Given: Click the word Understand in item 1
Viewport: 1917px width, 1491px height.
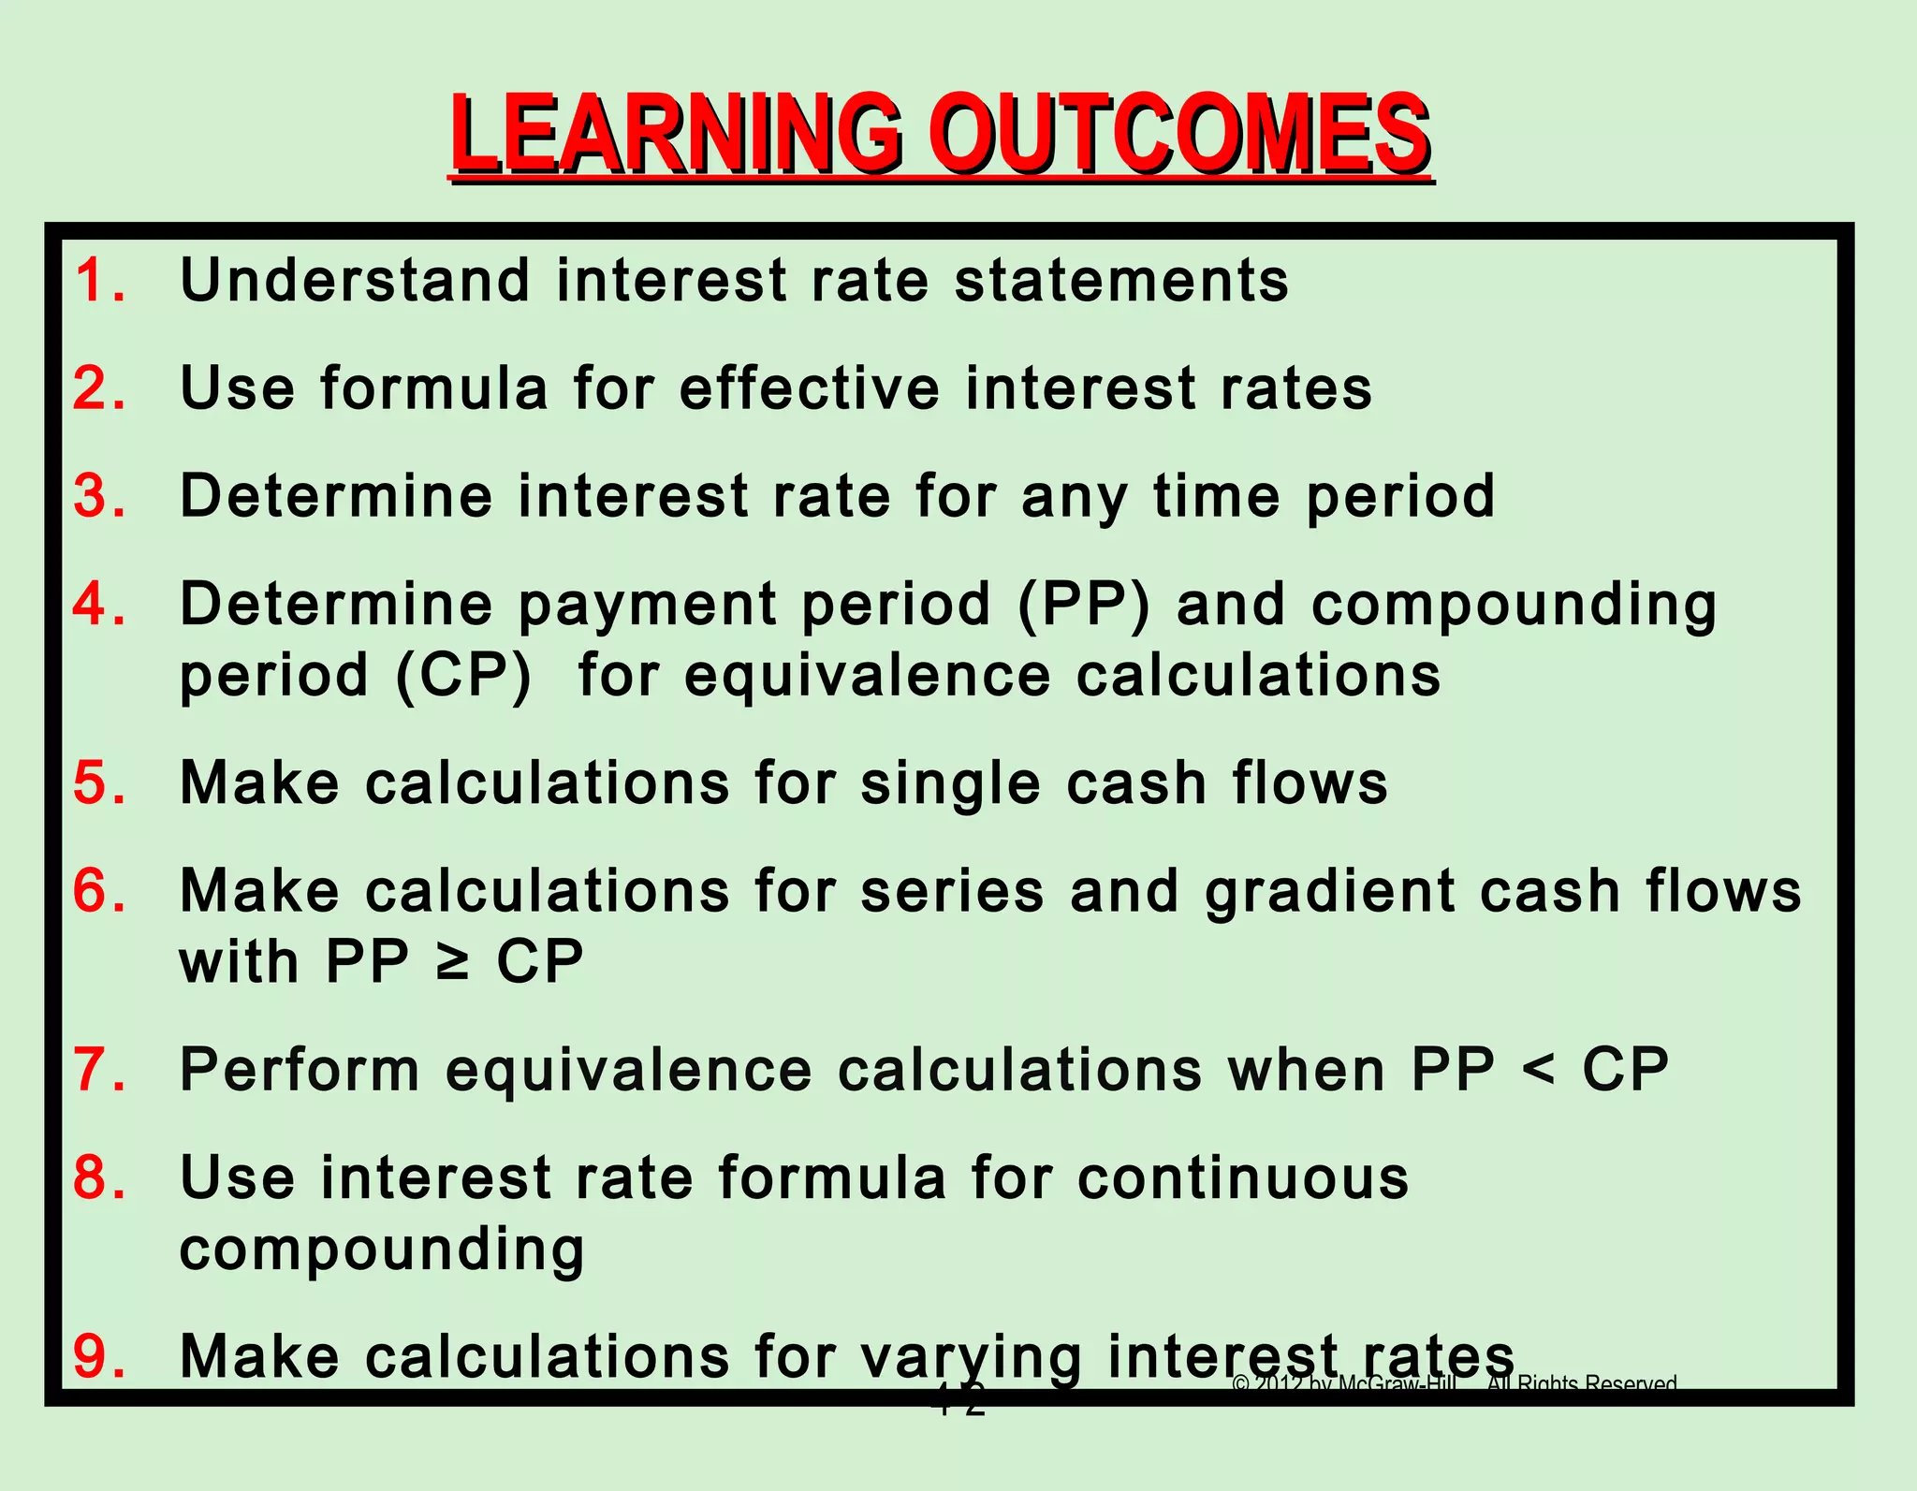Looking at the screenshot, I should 356,281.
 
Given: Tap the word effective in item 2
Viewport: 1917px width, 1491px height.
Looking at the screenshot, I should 810,388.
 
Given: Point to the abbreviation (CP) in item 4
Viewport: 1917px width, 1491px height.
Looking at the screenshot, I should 463,676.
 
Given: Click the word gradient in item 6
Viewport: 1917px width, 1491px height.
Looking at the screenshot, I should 1330,892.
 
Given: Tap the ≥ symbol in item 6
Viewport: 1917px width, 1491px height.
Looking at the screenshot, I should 453,961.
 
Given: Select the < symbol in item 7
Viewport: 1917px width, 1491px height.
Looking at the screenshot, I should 1539,1069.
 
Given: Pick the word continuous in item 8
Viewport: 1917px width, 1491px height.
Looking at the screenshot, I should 1243,1177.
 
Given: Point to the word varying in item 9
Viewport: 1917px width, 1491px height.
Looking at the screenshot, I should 972,1357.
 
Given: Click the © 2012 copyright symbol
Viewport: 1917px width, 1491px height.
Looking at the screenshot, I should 1241,1384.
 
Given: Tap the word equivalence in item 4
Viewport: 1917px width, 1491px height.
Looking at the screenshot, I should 868,676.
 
